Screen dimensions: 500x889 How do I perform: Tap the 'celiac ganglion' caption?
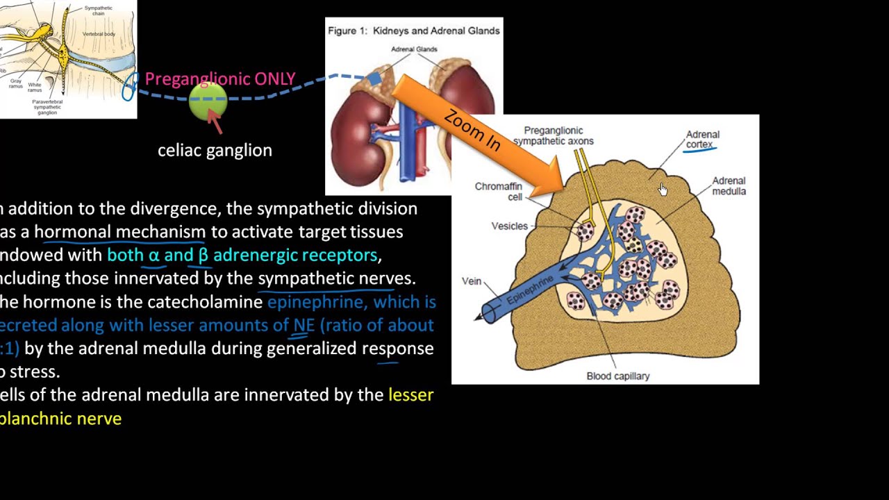[x=215, y=150]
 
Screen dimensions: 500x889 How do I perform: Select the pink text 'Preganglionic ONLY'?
[x=220, y=79]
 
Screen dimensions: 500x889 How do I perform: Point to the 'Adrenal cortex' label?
[x=702, y=140]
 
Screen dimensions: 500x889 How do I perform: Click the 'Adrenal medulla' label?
[x=729, y=186]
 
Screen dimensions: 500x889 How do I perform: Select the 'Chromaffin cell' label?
[x=498, y=192]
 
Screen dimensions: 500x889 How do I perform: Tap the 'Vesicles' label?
[x=509, y=226]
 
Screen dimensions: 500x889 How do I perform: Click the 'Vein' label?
[x=472, y=281]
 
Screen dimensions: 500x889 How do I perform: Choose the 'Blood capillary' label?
[x=617, y=376]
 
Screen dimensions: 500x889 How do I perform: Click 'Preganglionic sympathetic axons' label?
[x=553, y=135]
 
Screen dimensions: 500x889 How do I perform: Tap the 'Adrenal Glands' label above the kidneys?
[x=414, y=49]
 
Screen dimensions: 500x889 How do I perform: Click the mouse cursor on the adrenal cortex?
[x=663, y=189]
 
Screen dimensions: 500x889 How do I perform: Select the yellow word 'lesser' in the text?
[x=410, y=395]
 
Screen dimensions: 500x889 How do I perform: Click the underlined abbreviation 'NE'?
[x=304, y=325]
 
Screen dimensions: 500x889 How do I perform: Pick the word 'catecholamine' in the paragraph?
[x=214, y=302]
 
